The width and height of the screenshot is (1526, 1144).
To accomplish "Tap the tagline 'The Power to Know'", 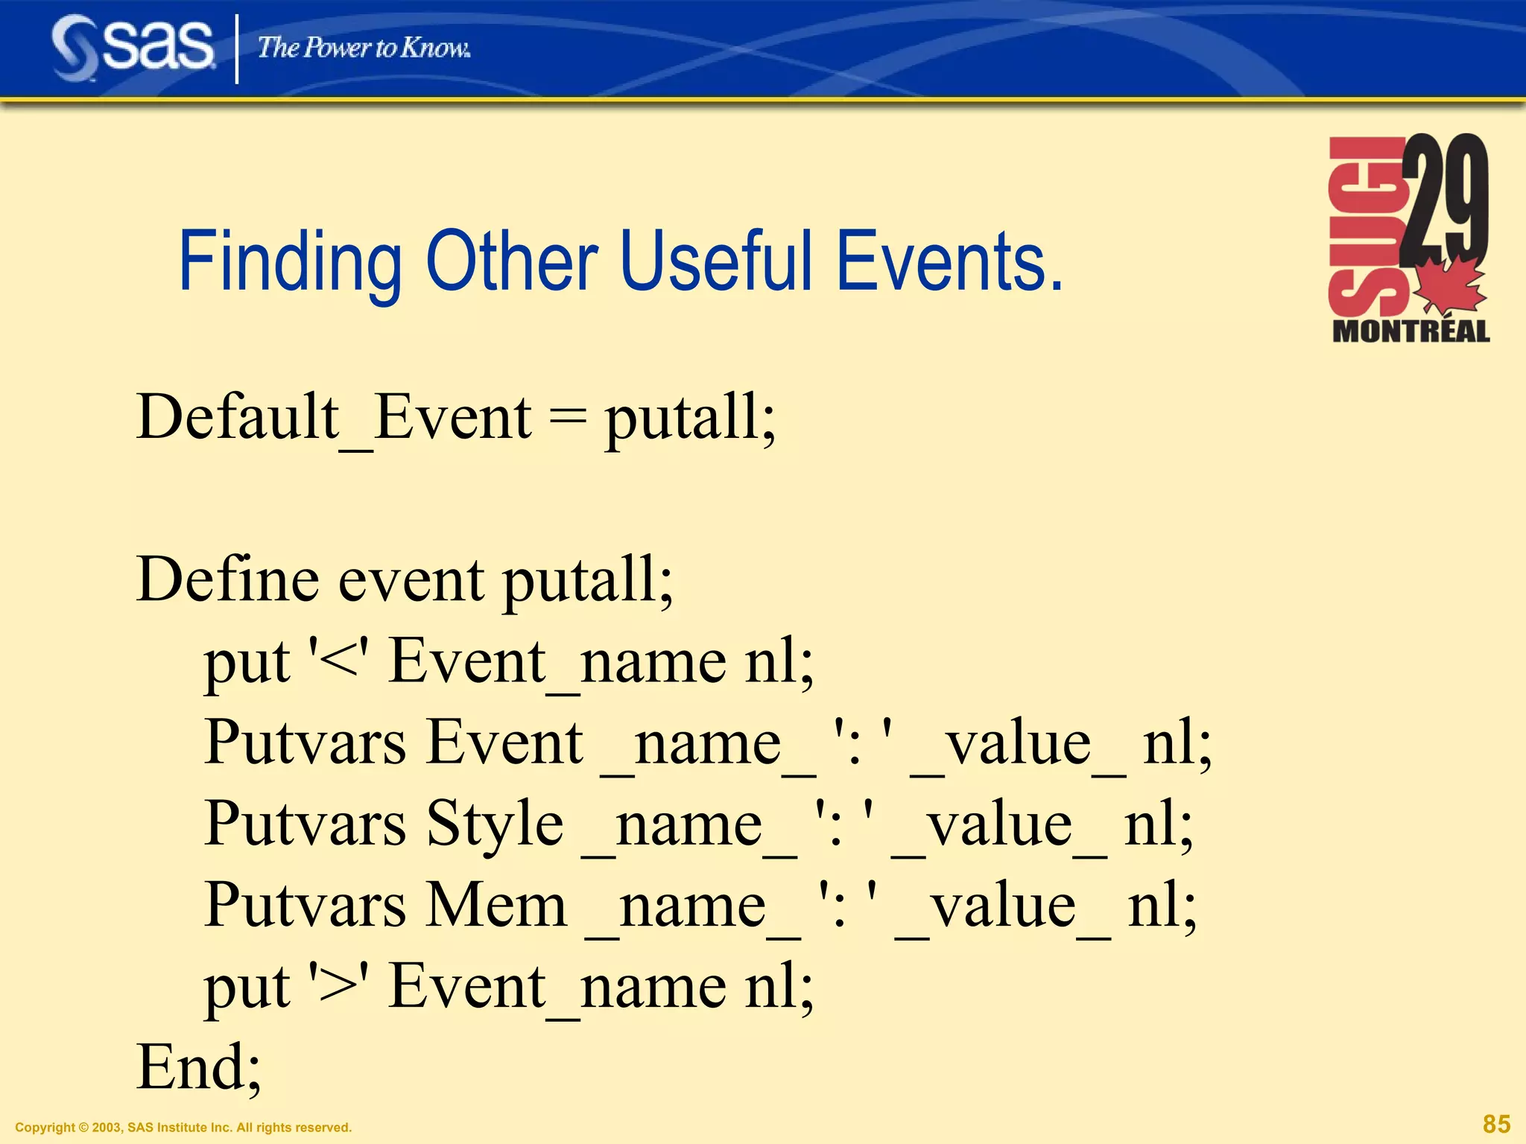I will click(364, 48).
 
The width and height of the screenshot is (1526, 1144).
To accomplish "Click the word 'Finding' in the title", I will click(290, 262).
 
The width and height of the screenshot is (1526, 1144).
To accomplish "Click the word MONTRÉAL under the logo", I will click(1411, 331).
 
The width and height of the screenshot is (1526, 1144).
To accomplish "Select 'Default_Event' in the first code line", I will click(333, 418).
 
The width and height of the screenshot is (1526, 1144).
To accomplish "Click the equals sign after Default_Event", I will click(567, 419).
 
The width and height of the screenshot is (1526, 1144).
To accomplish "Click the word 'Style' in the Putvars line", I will click(495, 824).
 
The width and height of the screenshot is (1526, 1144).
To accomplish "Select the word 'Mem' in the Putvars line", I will click(496, 906).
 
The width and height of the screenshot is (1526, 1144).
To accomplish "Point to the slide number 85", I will click(1496, 1124).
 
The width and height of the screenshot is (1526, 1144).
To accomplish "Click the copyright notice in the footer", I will click(183, 1128).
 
